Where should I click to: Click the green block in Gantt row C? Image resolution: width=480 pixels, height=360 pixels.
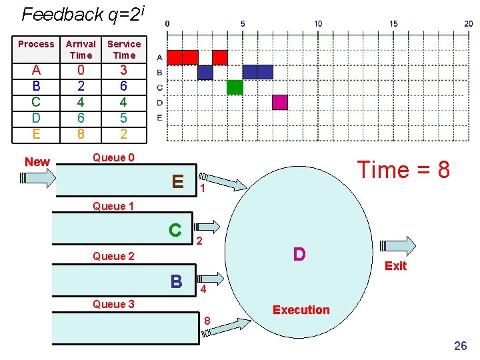tap(235, 87)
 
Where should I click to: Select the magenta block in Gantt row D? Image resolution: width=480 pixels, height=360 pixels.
tap(280, 102)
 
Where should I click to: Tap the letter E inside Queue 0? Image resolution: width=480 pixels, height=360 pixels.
tap(178, 181)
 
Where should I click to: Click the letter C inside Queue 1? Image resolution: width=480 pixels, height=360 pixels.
tap(175, 230)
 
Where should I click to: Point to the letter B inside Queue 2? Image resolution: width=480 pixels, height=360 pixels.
tap(177, 281)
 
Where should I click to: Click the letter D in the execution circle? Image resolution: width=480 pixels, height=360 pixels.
tap(299, 254)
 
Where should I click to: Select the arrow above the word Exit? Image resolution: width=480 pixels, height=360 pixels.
tap(397, 246)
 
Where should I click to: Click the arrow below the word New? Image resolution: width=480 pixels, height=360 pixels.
tap(38, 178)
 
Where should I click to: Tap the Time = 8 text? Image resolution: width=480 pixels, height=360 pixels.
tap(403, 169)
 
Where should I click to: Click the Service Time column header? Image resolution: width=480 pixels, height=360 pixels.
tap(124, 49)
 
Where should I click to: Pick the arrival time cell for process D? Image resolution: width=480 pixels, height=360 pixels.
tap(81, 118)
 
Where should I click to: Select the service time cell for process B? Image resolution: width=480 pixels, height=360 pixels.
tap(123, 86)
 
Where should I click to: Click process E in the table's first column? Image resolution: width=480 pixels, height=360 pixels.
tap(36, 134)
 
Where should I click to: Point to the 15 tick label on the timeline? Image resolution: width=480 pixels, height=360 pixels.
tap(394, 23)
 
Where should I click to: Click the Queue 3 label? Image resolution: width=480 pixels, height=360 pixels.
tap(113, 304)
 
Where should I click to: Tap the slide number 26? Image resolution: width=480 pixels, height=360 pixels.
tap(461, 345)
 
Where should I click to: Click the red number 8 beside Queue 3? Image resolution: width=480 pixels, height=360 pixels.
tap(207, 321)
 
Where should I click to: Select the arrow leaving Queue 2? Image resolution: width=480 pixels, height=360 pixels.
tap(211, 279)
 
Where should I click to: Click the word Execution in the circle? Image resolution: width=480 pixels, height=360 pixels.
tap(301, 310)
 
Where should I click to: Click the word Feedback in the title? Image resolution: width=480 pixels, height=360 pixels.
tap(63, 15)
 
